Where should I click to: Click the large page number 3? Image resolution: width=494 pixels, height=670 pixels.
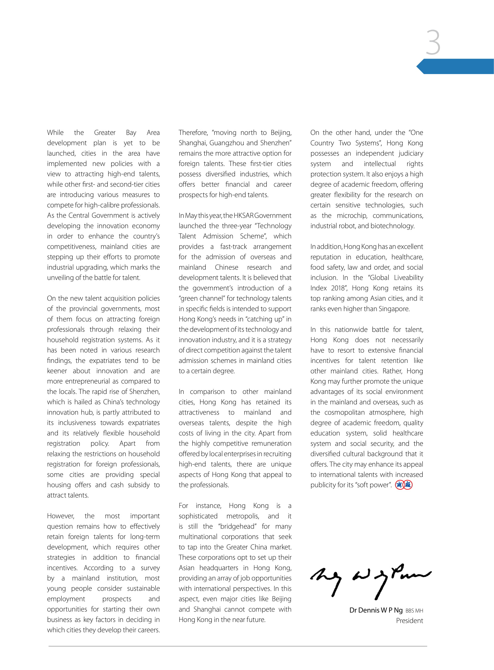(433, 42)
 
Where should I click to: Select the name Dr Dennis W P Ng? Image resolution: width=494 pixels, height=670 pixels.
(376, 610)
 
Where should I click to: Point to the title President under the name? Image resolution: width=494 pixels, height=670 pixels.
(409, 621)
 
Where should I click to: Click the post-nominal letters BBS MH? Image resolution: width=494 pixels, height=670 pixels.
(414, 611)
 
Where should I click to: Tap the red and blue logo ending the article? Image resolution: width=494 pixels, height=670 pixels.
(404, 485)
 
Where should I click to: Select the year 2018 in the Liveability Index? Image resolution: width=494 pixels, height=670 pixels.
(338, 288)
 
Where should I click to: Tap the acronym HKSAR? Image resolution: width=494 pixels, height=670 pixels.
(243, 215)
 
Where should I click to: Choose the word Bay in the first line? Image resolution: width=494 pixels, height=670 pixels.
(131, 133)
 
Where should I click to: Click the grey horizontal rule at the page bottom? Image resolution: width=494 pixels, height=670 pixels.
(238, 646)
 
